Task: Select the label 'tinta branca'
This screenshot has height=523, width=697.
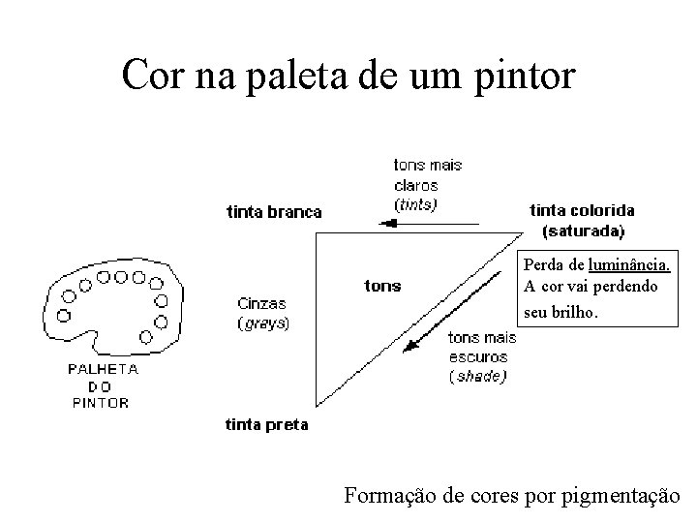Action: [274, 212]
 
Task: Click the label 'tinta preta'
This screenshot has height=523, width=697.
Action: [268, 423]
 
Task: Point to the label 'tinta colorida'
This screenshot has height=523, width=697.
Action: [583, 210]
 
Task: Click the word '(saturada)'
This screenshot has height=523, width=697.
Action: [584, 231]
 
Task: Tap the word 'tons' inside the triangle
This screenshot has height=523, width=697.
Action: [382, 286]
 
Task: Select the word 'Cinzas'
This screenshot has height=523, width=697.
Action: [261, 303]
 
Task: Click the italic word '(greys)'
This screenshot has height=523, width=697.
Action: [262, 323]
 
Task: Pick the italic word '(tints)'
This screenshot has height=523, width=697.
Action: [415, 204]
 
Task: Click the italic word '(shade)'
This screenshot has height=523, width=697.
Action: [477, 376]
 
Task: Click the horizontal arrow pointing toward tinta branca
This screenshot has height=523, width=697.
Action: [427, 224]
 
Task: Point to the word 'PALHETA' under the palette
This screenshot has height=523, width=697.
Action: [103, 369]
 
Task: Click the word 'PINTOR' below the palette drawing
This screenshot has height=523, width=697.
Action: [101, 403]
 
